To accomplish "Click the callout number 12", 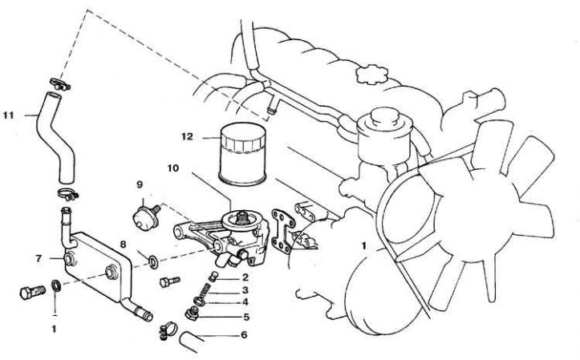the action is [x=187, y=137].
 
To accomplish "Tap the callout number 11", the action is [x=9, y=115].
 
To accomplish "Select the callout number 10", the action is [x=172, y=168].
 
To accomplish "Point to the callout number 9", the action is [x=140, y=184].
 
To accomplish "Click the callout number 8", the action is [x=124, y=245].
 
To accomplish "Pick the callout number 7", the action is [x=39, y=259].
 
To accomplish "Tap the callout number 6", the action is [x=244, y=335].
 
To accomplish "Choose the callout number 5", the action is [x=246, y=317].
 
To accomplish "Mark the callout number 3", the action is [x=245, y=290].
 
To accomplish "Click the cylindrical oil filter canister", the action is [x=242, y=154].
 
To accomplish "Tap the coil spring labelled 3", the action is [x=203, y=291].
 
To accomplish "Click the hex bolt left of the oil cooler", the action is [x=33, y=292].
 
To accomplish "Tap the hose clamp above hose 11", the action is [x=59, y=84].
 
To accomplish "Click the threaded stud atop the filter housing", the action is [x=242, y=217].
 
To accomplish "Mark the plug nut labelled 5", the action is [x=192, y=314].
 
